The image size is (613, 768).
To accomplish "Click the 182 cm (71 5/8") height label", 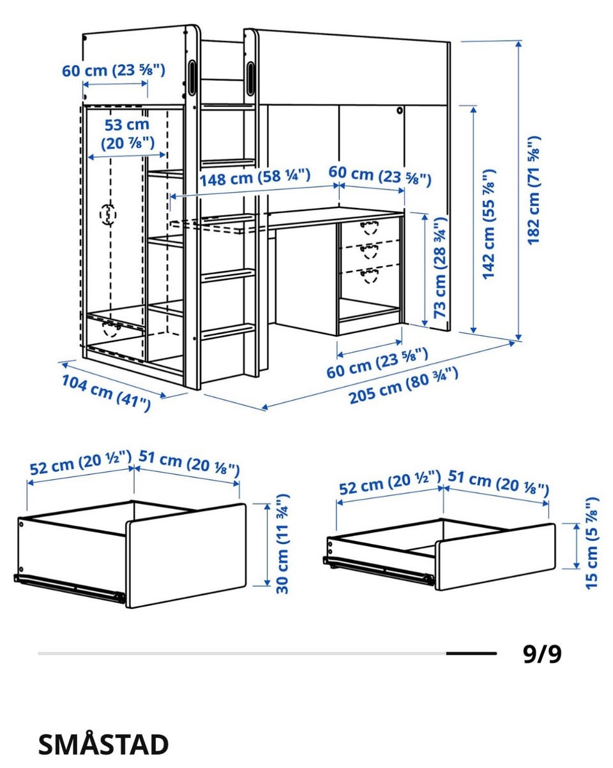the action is coord(534,189).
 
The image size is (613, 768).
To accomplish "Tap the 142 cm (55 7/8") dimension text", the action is coord(489,224).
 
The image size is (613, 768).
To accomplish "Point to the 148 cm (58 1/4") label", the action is coord(255,177).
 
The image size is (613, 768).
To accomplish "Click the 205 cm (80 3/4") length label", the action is coord(404,386).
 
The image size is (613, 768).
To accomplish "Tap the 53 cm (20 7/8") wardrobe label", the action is coord(127,134).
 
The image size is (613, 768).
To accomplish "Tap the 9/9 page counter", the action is coord(542,654).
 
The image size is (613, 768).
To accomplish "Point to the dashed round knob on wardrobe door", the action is coord(109,214).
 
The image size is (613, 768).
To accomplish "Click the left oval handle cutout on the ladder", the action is coord(192,77).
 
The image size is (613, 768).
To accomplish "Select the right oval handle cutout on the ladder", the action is coord(250,78).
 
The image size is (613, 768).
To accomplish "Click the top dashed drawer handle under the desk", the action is coord(369,227).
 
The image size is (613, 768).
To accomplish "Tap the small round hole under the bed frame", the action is coord(399,110).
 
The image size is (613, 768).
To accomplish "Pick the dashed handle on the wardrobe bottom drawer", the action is coord(110,329).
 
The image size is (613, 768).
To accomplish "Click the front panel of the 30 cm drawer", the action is coord(186,556).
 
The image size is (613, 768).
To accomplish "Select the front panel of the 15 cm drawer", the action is coord(495,557).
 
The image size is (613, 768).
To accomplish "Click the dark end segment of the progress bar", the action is coord(471,653).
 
